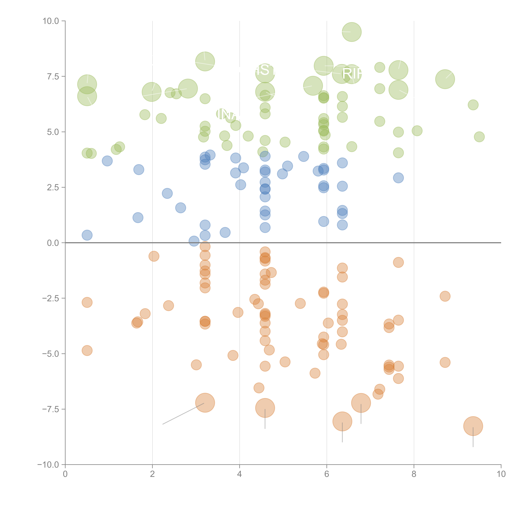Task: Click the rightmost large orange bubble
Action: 473,426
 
